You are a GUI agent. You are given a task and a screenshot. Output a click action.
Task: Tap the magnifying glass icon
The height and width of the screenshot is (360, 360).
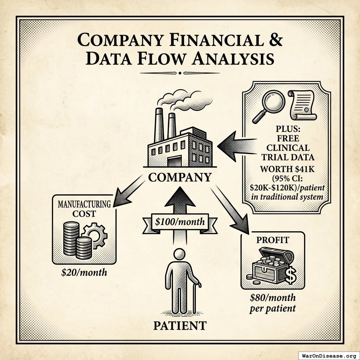[269, 104]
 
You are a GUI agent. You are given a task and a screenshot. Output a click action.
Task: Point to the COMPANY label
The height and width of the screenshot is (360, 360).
[180, 177]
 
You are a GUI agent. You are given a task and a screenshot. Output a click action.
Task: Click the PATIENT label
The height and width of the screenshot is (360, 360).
[180, 325]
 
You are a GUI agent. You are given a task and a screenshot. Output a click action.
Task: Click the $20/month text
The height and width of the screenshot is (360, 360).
[84, 272]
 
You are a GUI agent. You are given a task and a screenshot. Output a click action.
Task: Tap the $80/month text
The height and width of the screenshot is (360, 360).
[273, 298]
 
